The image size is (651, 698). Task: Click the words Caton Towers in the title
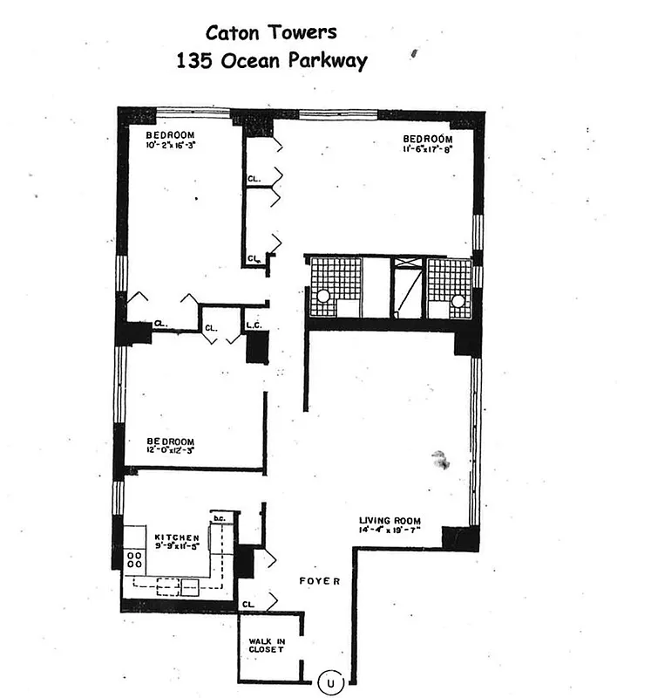pos(270,33)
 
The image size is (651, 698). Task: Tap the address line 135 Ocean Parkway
pos(271,62)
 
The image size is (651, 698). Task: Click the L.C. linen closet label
pos(254,326)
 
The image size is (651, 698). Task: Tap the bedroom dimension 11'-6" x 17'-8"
pos(427,149)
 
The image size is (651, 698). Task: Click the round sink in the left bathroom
pos(323,297)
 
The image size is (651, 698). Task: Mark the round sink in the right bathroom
pos(458,300)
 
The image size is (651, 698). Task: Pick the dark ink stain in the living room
pos(440,460)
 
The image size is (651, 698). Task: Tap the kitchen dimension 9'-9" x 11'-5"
pos(177,549)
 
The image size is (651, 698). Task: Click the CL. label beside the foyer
pos(248,603)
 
